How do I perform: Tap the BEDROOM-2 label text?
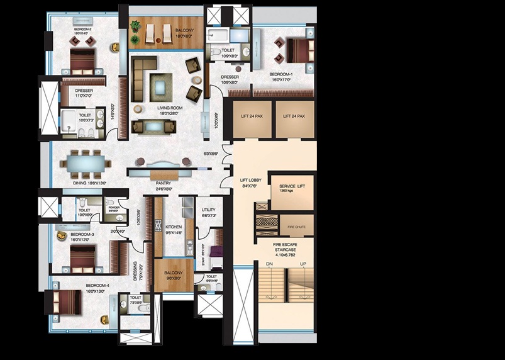point(83,30)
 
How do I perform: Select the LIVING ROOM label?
point(170,108)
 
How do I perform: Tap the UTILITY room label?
point(209,210)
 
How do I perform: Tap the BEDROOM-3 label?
point(82,234)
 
